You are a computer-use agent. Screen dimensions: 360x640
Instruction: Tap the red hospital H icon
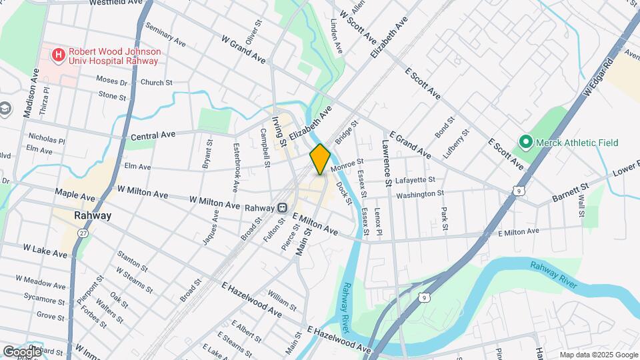click(x=59, y=53)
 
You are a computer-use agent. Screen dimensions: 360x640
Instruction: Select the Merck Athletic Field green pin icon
click(x=525, y=142)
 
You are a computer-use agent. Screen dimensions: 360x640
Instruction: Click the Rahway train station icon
click(x=282, y=207)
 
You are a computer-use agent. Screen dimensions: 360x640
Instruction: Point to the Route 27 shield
click(x=83, y=232)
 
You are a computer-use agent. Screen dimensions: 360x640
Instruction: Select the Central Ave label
click(x=153, y=135)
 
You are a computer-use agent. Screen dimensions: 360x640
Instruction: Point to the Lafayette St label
click(x=415, y=180)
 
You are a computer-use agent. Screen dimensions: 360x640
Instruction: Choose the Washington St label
click(x=420, y=194)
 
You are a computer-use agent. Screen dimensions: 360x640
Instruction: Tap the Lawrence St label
click(x=387, y=163)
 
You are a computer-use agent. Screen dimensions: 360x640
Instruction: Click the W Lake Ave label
click(x=45, y=250)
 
